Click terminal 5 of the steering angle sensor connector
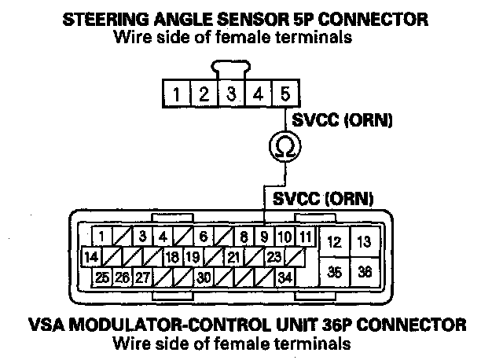click(285, 95)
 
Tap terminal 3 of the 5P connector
click(231, 95)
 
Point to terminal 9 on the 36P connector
click(265, 236)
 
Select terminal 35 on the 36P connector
click(334, 272)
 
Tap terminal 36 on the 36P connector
click(363, 272)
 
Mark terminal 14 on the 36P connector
click(90, 256)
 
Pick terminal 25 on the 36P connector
click(102, 277)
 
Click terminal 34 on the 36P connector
click(285, 277)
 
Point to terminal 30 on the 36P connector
click(204, 277)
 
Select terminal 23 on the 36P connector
click(274, 256)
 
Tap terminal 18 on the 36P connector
click(172, 256)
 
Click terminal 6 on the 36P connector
click(203, 236)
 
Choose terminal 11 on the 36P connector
click(306, 236)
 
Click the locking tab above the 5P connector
click(231, 68)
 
